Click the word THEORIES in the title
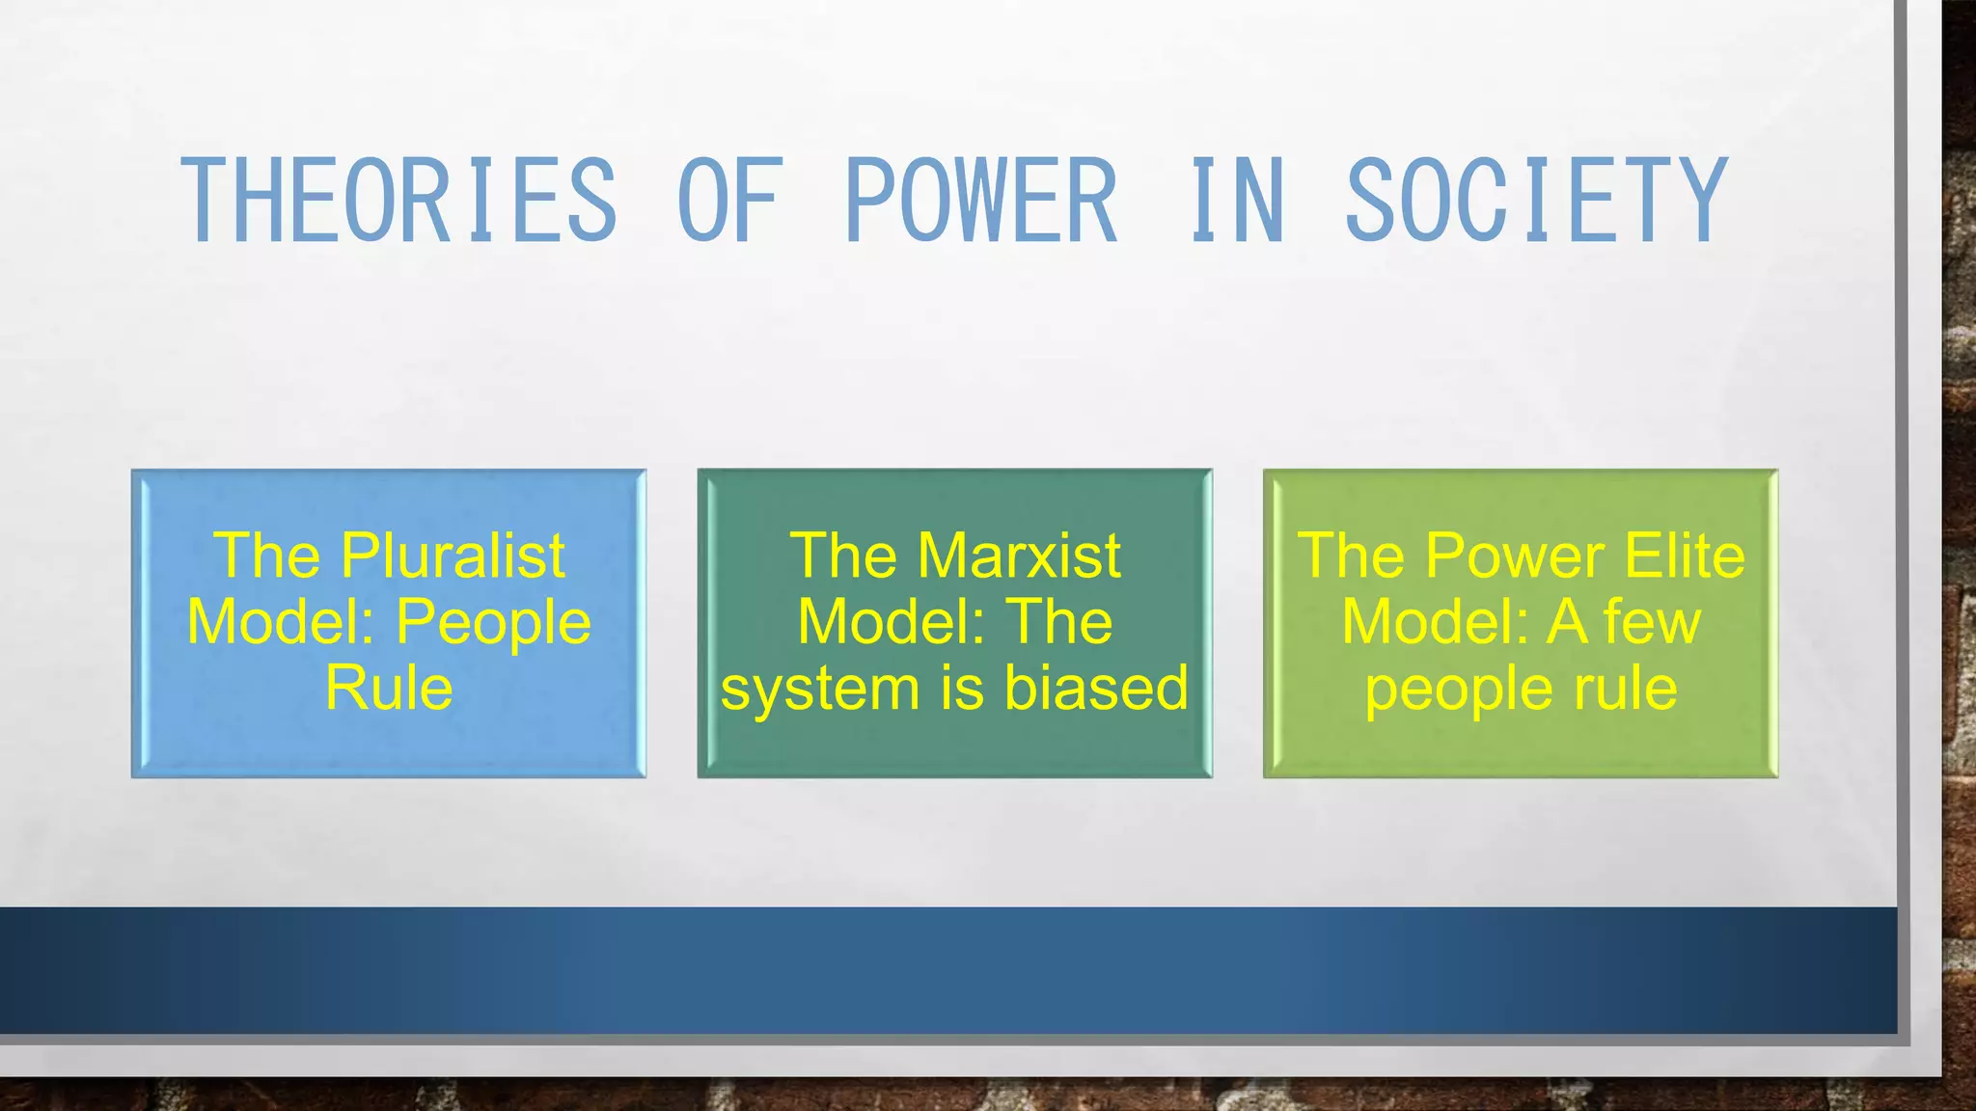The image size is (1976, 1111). click(x=398, y=200)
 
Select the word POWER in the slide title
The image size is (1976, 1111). click(x=981, y=200)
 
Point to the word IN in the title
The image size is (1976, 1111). click(x=1237, y=200)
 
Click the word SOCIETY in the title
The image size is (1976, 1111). click(x=1535, y=200)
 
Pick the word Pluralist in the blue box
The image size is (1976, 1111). click(x=453, y=556)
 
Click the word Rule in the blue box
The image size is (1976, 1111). click(x=389, y=688)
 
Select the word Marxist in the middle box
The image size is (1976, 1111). click(x=1019, y=556)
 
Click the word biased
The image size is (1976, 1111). click(x=1096, y=688)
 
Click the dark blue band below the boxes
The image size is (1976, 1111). click(x=946, y=969)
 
